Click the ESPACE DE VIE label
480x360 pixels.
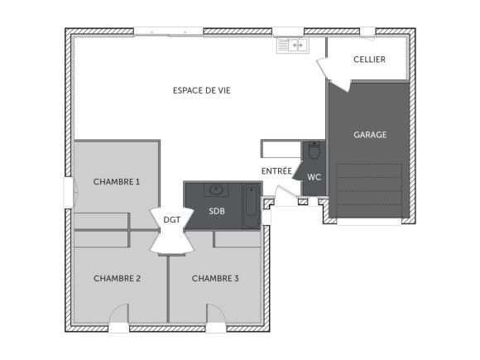click(201, 90)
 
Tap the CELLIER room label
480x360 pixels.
click(369, 60)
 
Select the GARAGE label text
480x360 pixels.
click(370, 135)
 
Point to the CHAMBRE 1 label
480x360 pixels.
click(117, 181)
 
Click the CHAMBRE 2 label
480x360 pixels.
click(117, 278)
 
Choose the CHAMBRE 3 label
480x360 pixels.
click(215, 278)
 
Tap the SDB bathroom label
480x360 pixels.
click(216, 211)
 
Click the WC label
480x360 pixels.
click(314, 177)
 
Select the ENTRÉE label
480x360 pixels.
click(276, 171)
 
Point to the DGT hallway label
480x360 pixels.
click(171, 219)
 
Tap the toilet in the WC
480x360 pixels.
click(314, 153)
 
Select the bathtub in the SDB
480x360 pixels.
click(251, 207)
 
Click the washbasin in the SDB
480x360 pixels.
click(217, 190)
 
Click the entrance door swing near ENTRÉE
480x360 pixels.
click(284, 196)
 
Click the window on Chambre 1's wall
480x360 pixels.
click(69, 194)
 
